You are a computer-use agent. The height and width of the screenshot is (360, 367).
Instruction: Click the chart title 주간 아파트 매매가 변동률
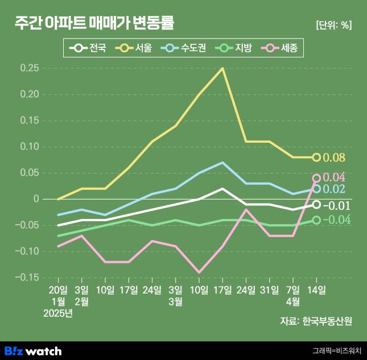click(94, 23)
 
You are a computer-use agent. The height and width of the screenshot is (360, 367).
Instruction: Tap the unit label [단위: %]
click(333, 25)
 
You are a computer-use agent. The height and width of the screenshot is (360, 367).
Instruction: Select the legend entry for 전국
click(88, 48)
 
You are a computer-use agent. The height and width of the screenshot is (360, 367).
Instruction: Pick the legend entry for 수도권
click(182, 48)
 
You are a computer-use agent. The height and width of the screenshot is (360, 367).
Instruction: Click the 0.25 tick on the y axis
click(29, 68)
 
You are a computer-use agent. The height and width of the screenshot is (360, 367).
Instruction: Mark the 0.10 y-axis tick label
click(29, 147)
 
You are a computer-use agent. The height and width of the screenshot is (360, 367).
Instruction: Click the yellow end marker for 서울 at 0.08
click(316, 158)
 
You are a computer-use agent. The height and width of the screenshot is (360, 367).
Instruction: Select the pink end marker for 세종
click(316, 178)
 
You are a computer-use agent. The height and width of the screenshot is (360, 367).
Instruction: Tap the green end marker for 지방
click(316, 220)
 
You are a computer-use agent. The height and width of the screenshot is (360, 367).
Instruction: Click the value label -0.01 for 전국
click(337, 205)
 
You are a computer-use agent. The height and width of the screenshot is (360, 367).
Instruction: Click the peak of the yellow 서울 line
click(222, 68)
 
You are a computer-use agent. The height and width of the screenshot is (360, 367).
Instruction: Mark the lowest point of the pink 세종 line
click(199, 272)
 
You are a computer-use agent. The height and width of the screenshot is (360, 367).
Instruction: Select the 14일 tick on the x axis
click(316, 290)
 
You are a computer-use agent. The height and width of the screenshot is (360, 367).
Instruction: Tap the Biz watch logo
click(33, 350)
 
